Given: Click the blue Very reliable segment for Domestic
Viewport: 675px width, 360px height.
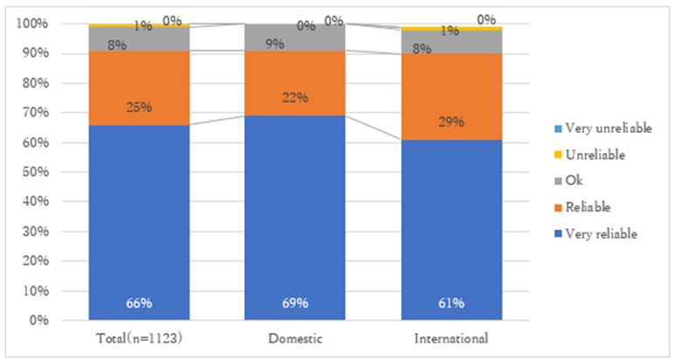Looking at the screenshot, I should tap(295, 218).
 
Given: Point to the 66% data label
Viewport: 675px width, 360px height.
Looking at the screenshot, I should tap(139, 304).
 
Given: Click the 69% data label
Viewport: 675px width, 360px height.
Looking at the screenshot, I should tap(295, 304).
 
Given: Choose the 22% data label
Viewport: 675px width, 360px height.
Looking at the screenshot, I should tap(295, 97).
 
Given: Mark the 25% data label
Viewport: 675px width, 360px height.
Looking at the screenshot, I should tap(139, 107).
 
